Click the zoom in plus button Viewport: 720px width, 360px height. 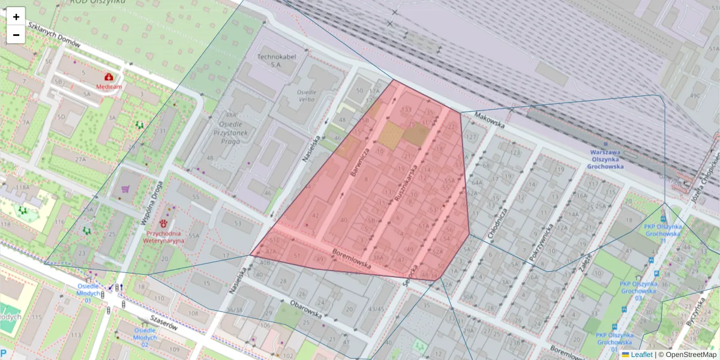[16, 17]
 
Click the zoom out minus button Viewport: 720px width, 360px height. [16, 35]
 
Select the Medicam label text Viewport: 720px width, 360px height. [109, 86]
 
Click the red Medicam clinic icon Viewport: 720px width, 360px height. [109, 77]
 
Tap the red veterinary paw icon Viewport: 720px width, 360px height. [163, 224]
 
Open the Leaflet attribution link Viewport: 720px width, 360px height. [641, 355]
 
